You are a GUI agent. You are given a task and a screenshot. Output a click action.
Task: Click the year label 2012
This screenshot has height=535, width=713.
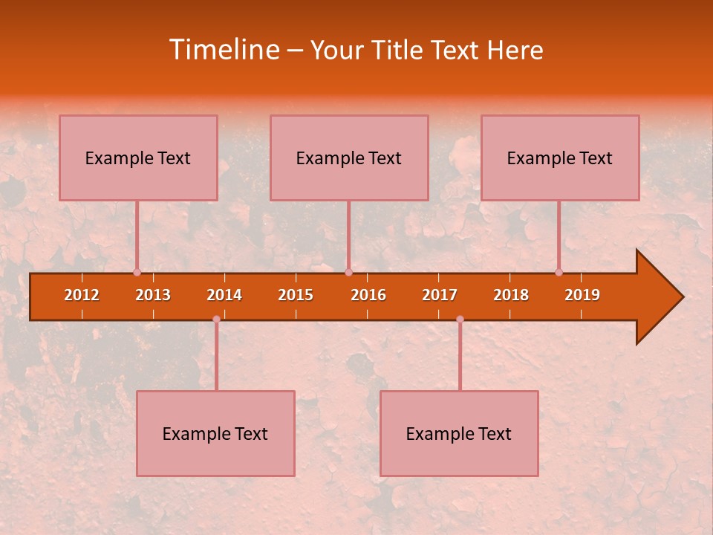82,295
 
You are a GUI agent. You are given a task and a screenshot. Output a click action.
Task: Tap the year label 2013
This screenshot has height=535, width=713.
153,295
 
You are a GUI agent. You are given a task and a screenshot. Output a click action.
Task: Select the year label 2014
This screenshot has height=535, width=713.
224,295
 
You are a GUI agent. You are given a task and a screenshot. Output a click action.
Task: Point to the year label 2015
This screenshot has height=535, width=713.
296,295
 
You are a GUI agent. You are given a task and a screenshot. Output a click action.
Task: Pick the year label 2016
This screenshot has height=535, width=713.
368,295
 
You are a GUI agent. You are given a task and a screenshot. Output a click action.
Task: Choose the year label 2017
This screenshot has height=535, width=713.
440,295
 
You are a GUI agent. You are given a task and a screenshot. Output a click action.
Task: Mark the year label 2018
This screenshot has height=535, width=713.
511,295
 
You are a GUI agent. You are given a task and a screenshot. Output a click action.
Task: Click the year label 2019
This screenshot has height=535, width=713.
582,295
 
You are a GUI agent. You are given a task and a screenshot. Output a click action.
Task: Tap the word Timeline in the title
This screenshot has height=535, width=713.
224,50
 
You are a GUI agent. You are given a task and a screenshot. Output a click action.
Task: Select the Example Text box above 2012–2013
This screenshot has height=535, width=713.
138,158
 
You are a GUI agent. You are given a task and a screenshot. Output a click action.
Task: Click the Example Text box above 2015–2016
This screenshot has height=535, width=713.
349,158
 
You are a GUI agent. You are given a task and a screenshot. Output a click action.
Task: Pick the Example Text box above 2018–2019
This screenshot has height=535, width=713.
560,158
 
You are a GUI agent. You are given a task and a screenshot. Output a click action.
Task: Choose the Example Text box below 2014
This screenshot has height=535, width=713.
215,433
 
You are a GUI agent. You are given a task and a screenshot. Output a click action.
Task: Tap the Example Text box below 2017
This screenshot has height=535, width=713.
459,433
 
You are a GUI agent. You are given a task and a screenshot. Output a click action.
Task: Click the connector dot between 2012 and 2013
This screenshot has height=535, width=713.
137,272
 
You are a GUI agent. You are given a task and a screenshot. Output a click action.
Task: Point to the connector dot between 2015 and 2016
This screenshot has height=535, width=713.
348,272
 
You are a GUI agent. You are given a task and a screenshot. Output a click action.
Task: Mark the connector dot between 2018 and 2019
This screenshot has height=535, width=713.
559,272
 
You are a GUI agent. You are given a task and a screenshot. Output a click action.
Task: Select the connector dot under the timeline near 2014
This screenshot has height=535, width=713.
216,319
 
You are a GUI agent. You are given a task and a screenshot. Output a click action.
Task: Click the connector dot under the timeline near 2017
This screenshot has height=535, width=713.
460,319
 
